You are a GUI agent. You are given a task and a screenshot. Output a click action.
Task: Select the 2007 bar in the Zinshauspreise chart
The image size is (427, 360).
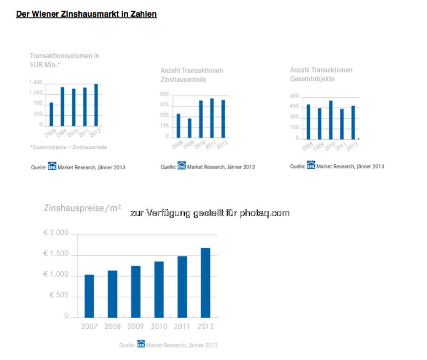pyautogui.click(x=89, y=296)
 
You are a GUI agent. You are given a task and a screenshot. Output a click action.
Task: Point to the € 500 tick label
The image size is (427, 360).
pyautogui.click(x=59, y=295)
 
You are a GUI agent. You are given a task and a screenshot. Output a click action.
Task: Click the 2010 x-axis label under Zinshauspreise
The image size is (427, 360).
pyautogui.click(x=159, y=327)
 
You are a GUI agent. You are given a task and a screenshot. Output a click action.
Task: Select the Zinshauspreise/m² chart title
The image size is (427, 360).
pyautogui.click(x=82, y=207)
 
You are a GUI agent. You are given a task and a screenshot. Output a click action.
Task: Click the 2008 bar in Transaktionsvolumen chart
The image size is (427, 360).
pyautogui.click(x=51, y=114)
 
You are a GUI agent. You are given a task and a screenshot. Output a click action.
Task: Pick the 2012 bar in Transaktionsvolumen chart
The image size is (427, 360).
pyautogui.click(x=96, y=105)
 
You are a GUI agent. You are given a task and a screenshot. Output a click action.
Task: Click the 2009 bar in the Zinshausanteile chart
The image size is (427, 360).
pyautogui.click(x=189, y=128)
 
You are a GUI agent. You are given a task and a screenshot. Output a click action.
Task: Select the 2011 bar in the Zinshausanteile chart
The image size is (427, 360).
pyautogui.click(x=212, y=118)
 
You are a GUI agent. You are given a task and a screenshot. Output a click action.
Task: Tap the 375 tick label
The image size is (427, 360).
pyautogui.click(x=164, y=105)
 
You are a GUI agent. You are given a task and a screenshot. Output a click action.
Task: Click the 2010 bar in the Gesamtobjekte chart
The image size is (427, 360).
pyautogui.click(x=331, y=120)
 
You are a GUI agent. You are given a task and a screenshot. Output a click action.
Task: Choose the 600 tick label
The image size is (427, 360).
pyautogui.click(x=294, y=97)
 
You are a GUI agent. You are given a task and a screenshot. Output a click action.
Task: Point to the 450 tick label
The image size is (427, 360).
pyautogui.click(x=294, y=107)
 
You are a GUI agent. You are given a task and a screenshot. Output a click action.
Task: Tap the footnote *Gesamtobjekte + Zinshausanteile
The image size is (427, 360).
pyautogui.click(x=68, y=147)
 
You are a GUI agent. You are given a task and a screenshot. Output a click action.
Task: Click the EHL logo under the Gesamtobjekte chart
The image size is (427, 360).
pyautogui.click(x=311, y=166)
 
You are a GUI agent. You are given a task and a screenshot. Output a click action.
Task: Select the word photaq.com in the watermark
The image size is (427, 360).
pyautogui.click(x=264, y=213)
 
